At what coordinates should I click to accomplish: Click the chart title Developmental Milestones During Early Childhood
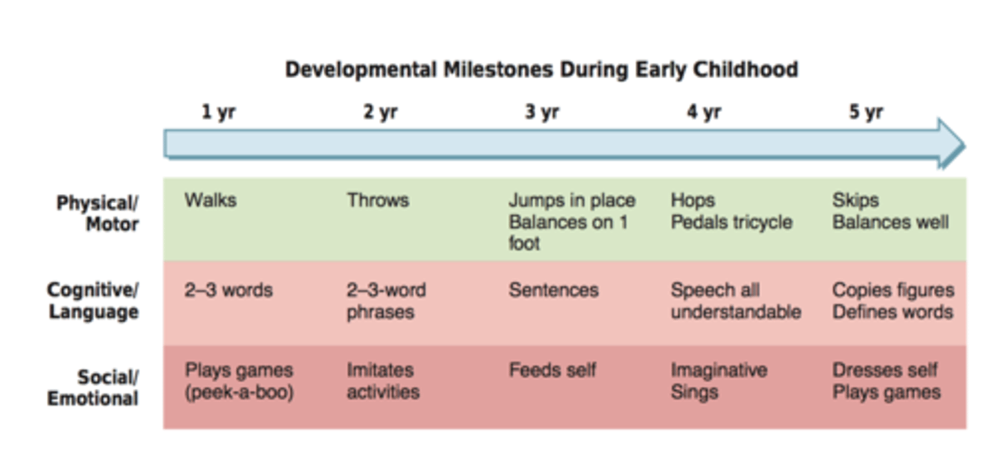click(x=541, y=70)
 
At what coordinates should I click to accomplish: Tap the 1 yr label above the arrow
click(x=218, y=112)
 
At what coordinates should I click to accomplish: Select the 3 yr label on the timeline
click(x=541, y=112)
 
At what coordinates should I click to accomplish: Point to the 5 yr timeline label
click(x=866, y=112)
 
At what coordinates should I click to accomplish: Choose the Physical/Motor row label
click(x=97, y=213)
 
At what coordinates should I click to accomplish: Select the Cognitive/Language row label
click(x=92, y=301)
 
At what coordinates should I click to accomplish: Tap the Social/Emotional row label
click(x=92, y=388)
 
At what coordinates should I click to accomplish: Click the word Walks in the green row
click(x=211, y=200)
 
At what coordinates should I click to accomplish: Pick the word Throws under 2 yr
click(x=378, y=200)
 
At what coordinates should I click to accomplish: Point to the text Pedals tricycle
click(x=731, y=222)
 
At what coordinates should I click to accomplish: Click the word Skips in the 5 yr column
click(x=855, y=200)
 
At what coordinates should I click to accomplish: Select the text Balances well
click(x=890, y=222)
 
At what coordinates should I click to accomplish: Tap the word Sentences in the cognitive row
click(x=554, y=290)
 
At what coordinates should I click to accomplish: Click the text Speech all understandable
click(x=735, y=301)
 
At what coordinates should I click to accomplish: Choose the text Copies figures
click(x=893, y=290)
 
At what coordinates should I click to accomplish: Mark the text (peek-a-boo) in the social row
click(x=239, y=392)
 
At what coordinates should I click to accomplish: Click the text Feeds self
click(x=552, y=370)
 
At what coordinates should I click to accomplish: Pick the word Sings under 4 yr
click(x=694, y=392)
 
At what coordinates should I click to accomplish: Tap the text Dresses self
click(x=885, y=370)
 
